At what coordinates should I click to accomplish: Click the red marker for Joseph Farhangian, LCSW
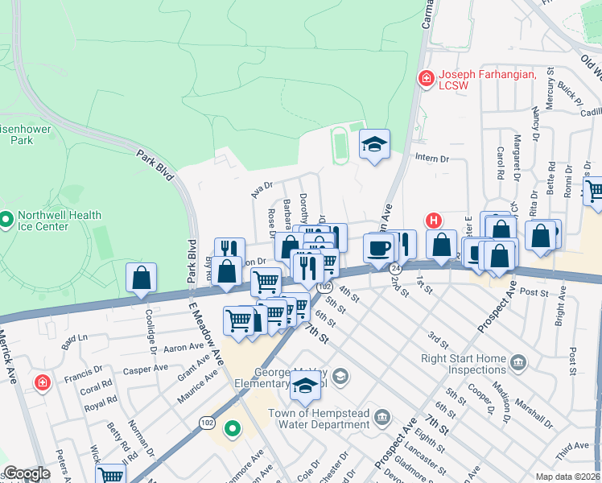click(425, 78)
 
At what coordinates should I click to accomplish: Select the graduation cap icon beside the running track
click(374, 145)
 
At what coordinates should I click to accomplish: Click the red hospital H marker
click(434, 220)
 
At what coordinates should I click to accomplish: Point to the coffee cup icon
click(377, 247)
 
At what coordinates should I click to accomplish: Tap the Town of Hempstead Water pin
click(382, 417)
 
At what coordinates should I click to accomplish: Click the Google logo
click(27, 474)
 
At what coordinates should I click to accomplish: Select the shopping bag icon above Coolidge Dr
click(142, 278)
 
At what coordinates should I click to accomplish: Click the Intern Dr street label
click(432, 159)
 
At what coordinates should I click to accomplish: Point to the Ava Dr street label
click(262, 188)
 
